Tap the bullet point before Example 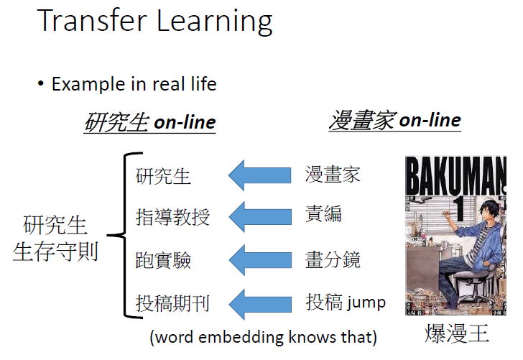click(x=42, y=84)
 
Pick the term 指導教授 click(x=172, y=216)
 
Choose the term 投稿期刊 click(x=172, y=303)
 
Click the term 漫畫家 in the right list click(x=332, y=175)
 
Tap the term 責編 click(x=323, y=213)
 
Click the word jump click(x=366, y=303)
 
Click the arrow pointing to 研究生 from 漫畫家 click(x=259, y=175)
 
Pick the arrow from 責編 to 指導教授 click(x=259, y=216)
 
